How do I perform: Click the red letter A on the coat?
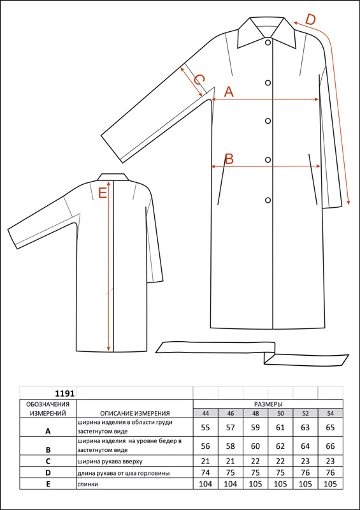pyautogui.click(x=229, y=92)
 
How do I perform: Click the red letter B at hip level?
pyautogui.click(x=229, y=159)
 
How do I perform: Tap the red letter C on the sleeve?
pyautogui.click(x=199, y=80)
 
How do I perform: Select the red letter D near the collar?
pyautogui.click(x=310, y=20)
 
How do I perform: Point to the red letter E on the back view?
pyautogui.click(x=103, y=194)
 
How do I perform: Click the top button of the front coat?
pyautogui.click(x=268, y=42)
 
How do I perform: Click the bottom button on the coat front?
pyautogui.click(x=268, y=200)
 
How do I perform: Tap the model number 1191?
pyautogui.click(x=65, y=393)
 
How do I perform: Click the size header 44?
pyautogui.click(x=206, y=413)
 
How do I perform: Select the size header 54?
pyautogui.click(x=330, y=413)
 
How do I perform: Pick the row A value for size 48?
pyautogui.click(x=256, y=427)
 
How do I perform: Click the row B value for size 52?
pyautogui.click(x=305, y=446)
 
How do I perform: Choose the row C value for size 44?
pyautogui.click(x=206, y=461)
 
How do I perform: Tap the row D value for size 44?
pyautogui.click(x=206, y=472)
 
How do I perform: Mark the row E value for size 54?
pyautogui.click(x=330, y=484)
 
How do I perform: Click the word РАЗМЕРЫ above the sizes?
pyautogui.click(x=268, y=404)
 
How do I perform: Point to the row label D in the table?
pyautogui.click(x=48, y=472)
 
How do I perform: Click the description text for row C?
pyautogui.click(x=110, y=461)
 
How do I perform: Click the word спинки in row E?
pyautogui.click(x=88, y=484)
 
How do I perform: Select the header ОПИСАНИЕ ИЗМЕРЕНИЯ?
pyautogui.click(x=135, y=413)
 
